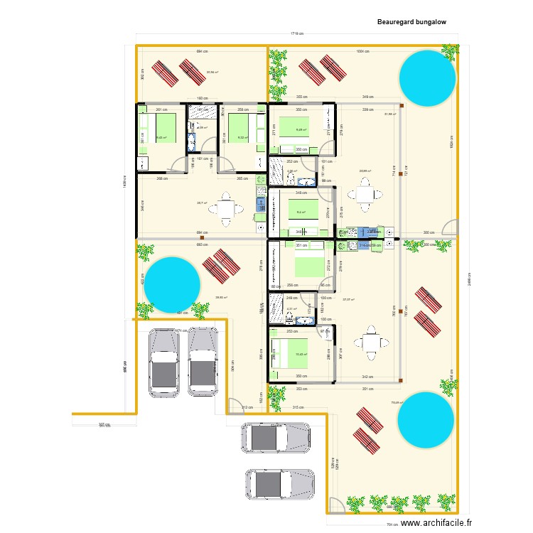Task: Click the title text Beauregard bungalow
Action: click(x=411, y=22)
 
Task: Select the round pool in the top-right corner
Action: click(x=426, y=77)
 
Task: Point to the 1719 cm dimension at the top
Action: click(x=297, y=34)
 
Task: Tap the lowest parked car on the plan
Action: click(x=279, y=484)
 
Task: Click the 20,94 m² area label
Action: click(x=212, y=72)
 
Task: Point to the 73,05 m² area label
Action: click(x=395, y=402)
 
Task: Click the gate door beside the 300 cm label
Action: click(x=450, y=228)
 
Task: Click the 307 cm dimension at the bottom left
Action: click(x=104, y=424)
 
